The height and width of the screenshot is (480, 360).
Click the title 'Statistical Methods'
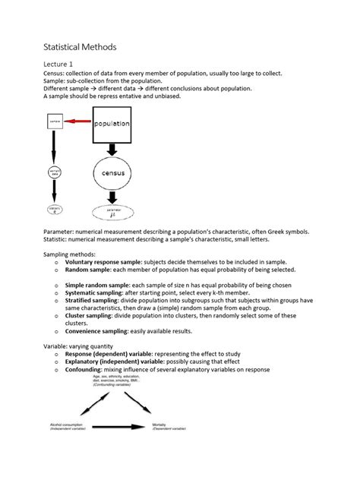coord(79,46)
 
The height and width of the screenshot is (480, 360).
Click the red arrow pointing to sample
coord(76,121)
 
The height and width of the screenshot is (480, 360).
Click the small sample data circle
coord(55,174)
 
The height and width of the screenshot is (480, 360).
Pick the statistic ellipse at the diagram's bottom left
coord(55,208)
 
